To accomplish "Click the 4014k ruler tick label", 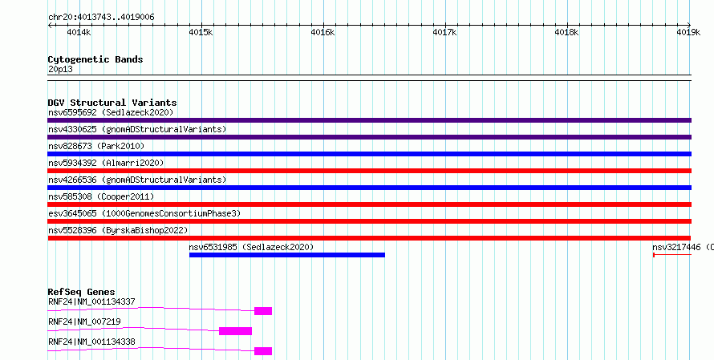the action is point(79,32).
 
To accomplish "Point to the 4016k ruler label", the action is point(323,32).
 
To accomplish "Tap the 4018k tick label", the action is point(566,32).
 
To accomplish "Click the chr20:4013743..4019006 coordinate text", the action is point(101,17).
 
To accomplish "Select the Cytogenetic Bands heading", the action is point(95,59).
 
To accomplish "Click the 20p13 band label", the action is point(60,70).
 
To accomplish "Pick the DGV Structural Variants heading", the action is point(112,103).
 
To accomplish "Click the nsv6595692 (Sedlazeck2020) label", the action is point(111,112).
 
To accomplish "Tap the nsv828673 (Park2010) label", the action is point(96,146).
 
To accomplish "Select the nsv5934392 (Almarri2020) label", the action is point(106,163).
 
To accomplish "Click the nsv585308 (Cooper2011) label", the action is point(101,196).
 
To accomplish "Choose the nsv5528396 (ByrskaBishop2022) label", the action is point(118,230).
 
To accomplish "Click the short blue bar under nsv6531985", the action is point(287,255).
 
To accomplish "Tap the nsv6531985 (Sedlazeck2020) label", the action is point(251,247).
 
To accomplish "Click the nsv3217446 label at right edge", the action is point(683,247).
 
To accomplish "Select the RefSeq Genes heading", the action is point(82,292).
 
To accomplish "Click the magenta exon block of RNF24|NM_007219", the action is point(235,331).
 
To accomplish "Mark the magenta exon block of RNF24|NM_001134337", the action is point(263,311).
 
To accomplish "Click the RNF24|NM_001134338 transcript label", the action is point(91,342).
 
